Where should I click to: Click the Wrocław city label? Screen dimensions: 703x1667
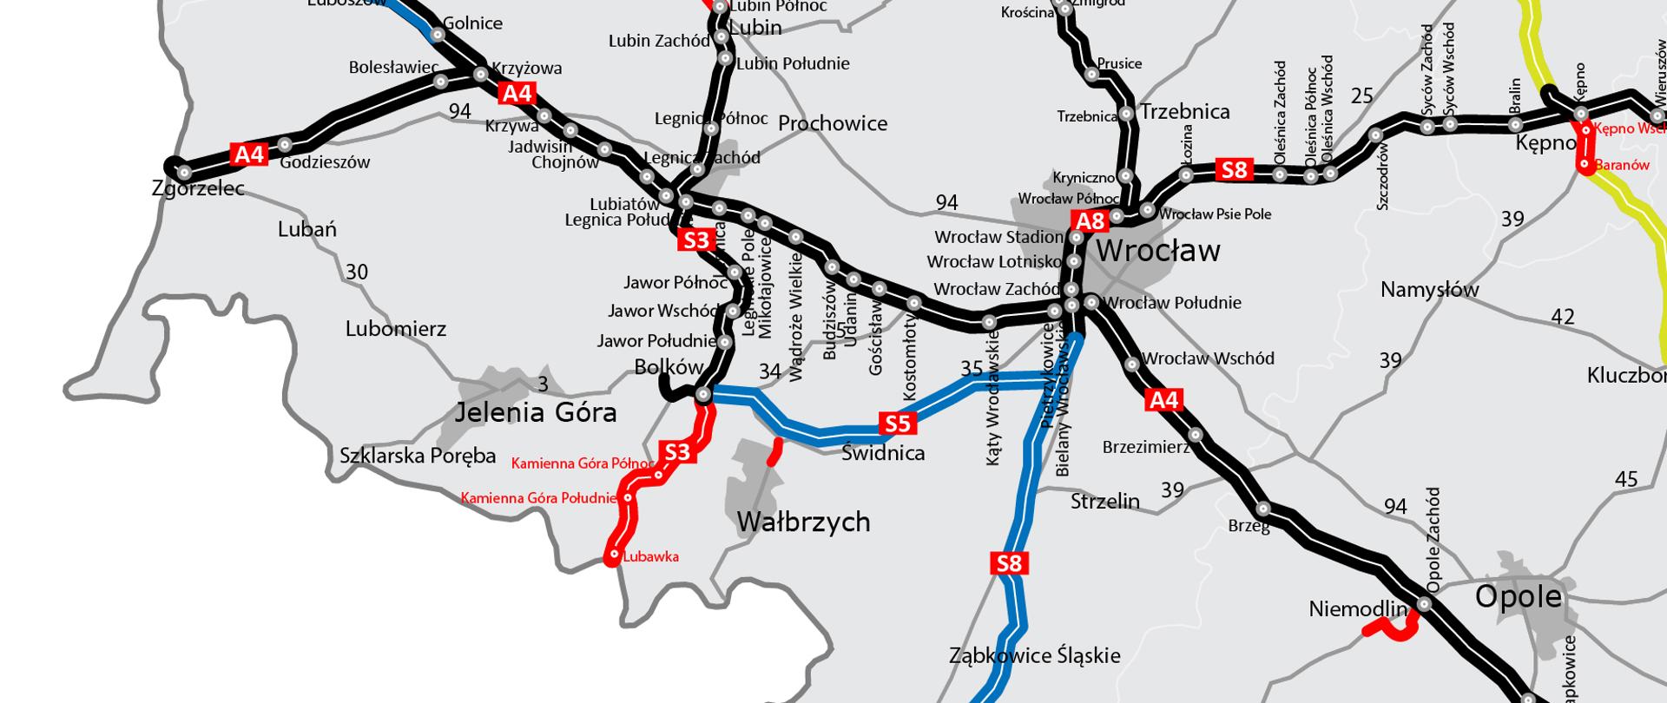[x=1157, y=252]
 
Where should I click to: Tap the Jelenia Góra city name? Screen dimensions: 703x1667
[x=536, y=412]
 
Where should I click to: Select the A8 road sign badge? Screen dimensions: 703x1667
[x=1090, y=221]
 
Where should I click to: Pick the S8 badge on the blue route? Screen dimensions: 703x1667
[x=1009, y=564]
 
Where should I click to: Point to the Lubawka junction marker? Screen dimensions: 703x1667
[x=614, y=555]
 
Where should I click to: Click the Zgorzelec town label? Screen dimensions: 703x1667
[x=198, y=188]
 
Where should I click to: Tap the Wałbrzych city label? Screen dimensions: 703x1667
[x=803, y=522]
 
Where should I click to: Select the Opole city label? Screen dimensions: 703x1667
[x=1519, y=596]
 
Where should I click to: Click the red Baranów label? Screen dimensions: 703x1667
[x=1622, y=165]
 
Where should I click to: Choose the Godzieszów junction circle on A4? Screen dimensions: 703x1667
[x=286, y=144]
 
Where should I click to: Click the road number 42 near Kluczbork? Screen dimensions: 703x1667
[x=1563, y=318]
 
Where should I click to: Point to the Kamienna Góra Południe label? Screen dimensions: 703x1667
[x=538, y=498]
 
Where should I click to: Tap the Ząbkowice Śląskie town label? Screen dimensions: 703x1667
[x=1035, y=656]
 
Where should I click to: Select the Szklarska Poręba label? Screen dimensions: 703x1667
[x=418, y=456]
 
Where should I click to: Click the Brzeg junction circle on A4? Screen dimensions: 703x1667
[x=1263, y=509]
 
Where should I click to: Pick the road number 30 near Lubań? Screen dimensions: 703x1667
[x=357, y=272]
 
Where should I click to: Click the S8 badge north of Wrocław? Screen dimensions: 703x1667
[x=1235, y=169]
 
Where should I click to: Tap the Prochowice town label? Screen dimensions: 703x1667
[x=833, y=123]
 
